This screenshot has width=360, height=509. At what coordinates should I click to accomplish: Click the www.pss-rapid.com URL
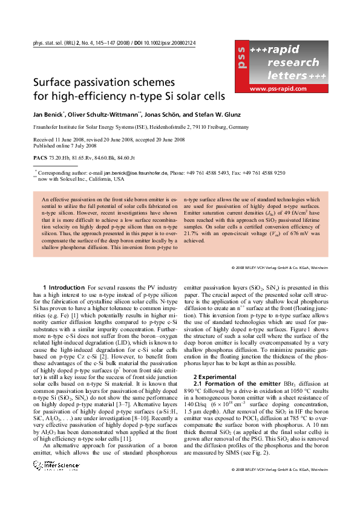[x=277, y=89]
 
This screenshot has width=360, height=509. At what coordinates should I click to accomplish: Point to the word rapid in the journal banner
[x=282, y=50]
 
